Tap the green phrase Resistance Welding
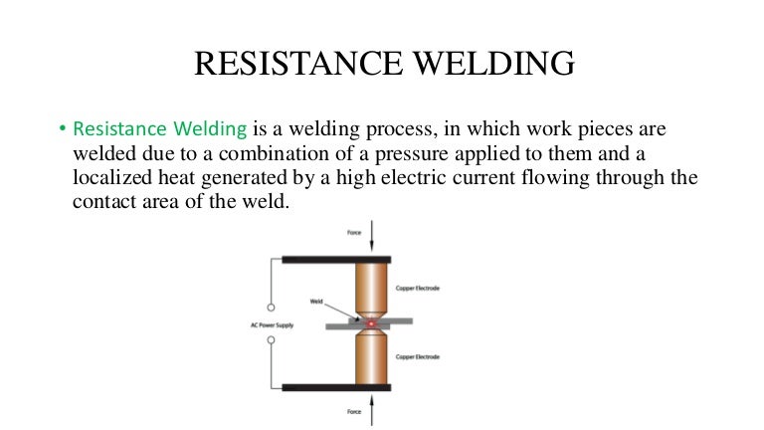[x=159, y=128]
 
